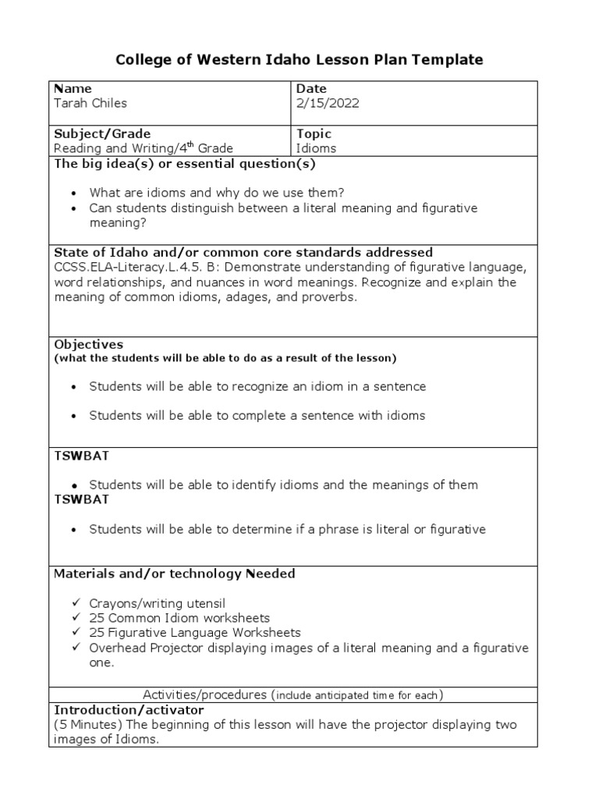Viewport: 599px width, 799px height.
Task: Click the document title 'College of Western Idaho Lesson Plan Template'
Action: (299, 59)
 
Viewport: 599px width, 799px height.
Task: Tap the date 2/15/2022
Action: (328, 103)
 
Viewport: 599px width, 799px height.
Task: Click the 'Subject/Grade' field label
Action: (102, 133)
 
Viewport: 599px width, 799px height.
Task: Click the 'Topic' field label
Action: (314, 133)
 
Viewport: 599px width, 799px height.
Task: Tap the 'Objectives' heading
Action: (88, 344)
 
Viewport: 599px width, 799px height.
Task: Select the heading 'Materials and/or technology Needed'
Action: (174, 574)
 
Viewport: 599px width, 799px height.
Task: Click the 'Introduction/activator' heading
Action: (129, 710)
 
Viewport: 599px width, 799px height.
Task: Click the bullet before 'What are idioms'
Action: (73, 194)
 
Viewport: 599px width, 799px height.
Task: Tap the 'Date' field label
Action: (311, 89)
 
